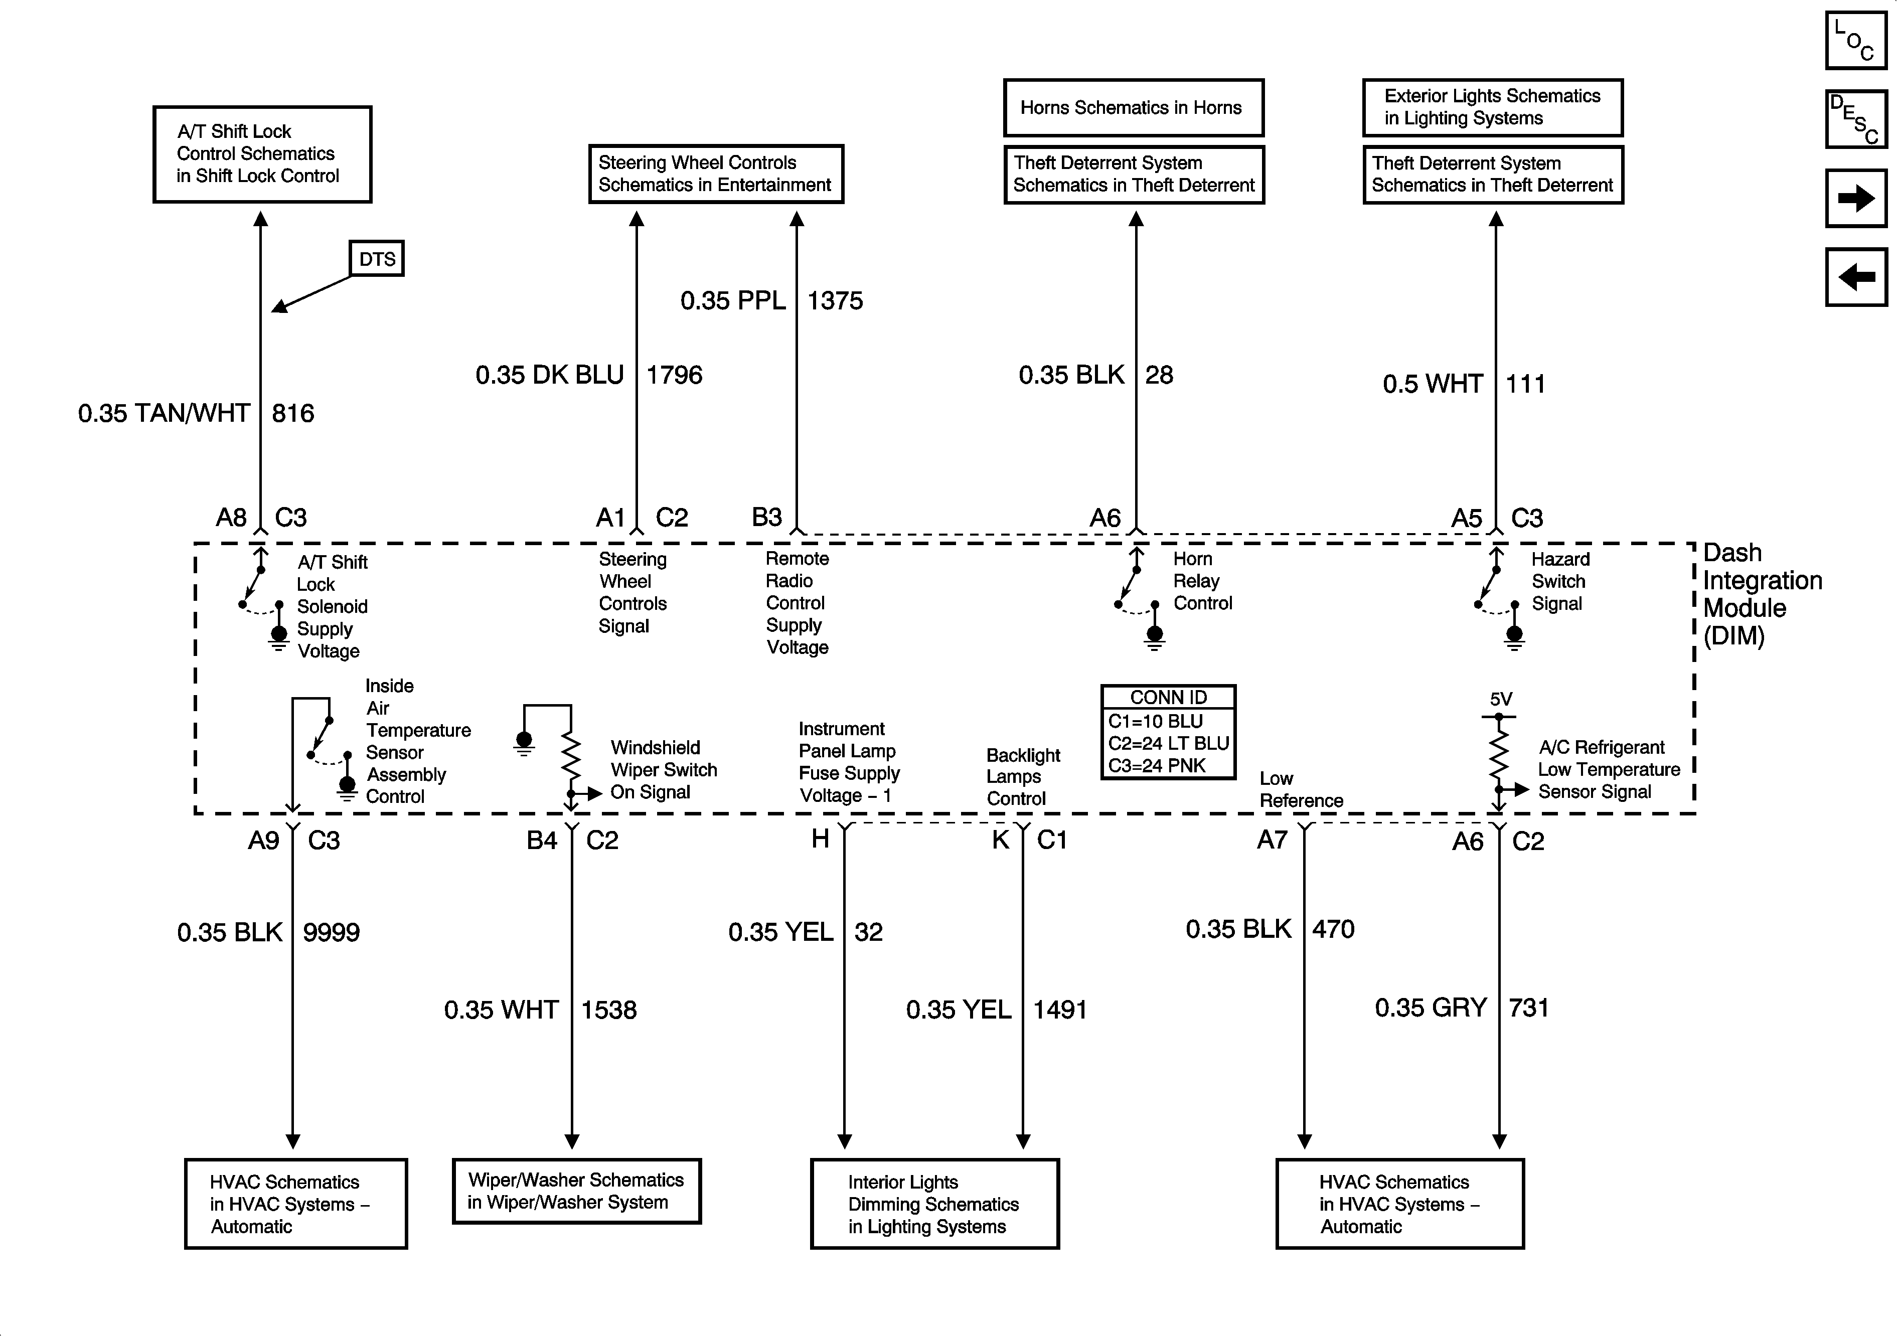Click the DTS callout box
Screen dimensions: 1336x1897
click(x=377, y=259)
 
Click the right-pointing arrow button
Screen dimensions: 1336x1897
click(x=1856, y=198)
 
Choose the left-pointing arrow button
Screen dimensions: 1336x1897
click(x=1856, y=277)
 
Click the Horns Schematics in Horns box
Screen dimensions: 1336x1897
click(x=1133, y=107)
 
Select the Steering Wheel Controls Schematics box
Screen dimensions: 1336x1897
click(x=715, y=174)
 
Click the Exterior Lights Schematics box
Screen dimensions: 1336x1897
click(x=1492, y=107)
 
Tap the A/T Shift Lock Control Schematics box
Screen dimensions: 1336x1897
click(x=262, y=153)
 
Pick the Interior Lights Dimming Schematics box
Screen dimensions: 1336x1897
click(x=934, y=1204)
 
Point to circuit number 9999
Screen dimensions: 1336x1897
click(x=332, y=933)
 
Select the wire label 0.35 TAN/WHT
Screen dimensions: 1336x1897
click(x=164, y=413)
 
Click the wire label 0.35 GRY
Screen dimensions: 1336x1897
click(x=1430, y=1008)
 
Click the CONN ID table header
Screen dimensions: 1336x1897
click(x=1168, y=697)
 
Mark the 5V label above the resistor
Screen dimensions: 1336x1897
click(x=1500, y=700)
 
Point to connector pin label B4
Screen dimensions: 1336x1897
click(x=542, y=841)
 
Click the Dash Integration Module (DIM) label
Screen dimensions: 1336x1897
click(x=1762, y=594)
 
